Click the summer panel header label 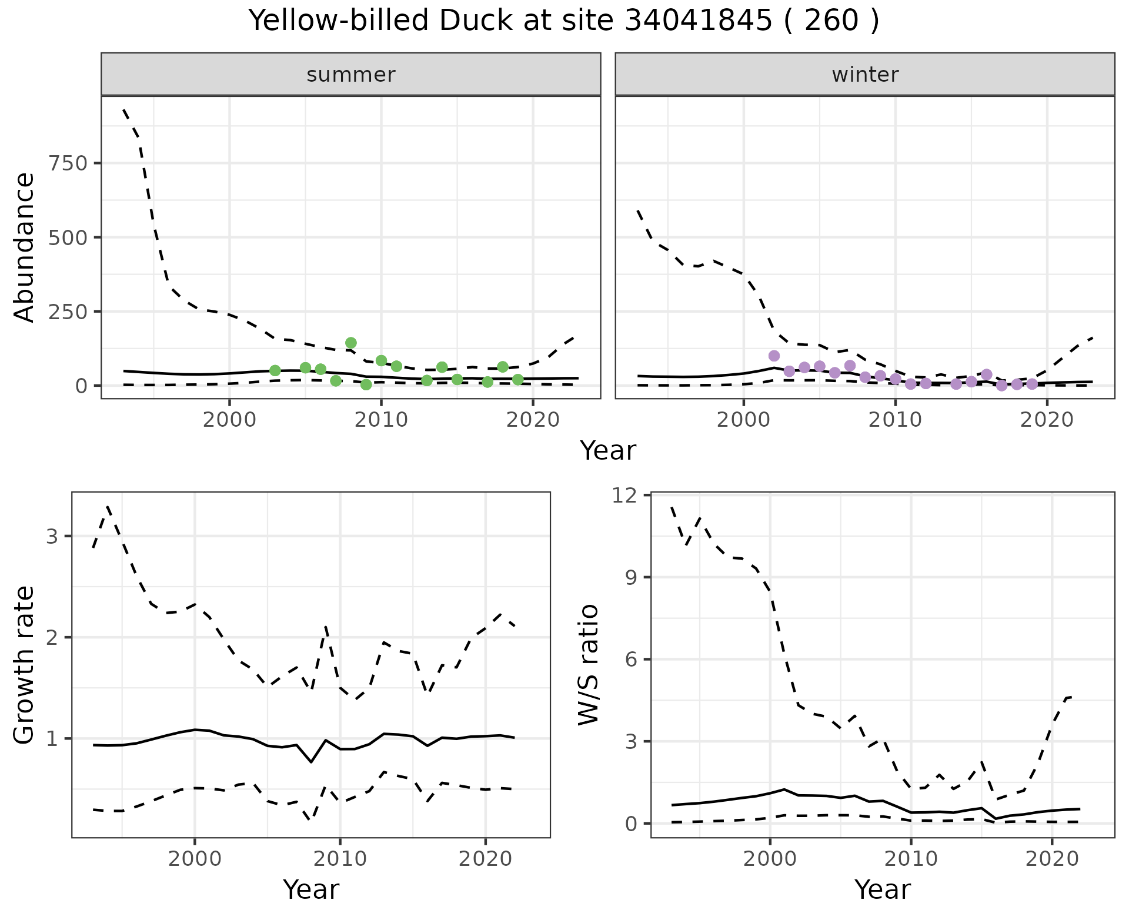pos(350,75)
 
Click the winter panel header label pos(864,75)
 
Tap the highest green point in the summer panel pos(351,343)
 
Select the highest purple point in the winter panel pos(774,356)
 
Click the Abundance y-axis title pos(25,247)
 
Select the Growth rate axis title pos(25,665)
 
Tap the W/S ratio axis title pos(588,665)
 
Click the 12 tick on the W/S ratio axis pos(627,495)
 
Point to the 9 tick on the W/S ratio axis pos(634,577)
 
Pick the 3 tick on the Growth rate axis pos(53,536)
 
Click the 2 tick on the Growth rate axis pos(53,637)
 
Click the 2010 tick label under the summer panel pos(381,420)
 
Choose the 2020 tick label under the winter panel pos(1047,420)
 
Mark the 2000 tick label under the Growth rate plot pos(195,859)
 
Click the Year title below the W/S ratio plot pos(882,889)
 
